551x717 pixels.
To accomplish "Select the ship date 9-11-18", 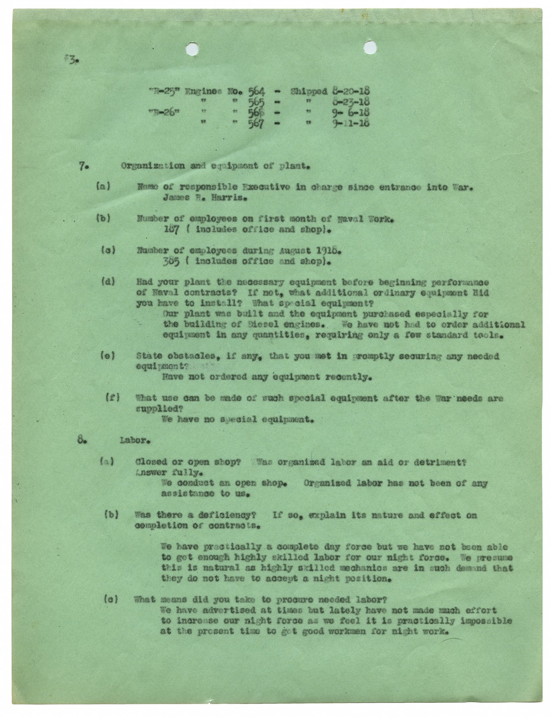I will (x=350, y=123).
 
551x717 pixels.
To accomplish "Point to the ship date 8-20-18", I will (x=350, y=92).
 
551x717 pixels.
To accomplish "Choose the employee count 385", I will (x=172, y=262).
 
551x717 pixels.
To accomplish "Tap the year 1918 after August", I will (x=324, y=251).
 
